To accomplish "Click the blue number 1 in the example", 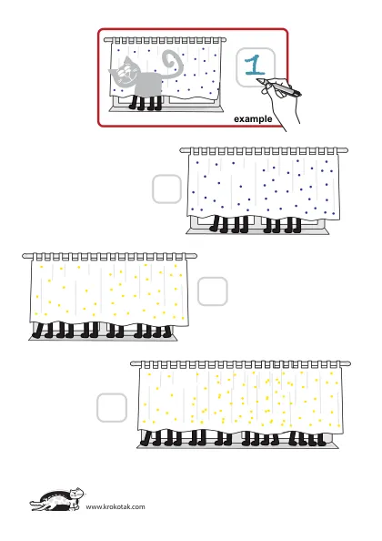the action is coord(255,66).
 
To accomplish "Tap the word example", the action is coord(253,119).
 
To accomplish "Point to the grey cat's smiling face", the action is coord(126,73).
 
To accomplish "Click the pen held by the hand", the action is coord(279,87).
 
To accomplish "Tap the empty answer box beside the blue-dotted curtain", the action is coord(166,189).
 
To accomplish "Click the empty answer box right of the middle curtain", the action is coord(213,291).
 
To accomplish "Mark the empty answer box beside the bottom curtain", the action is coord(112,407).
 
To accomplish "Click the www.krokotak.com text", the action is coord(116,506).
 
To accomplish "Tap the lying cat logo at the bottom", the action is coord(57,499).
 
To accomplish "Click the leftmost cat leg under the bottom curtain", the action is coord(146,438).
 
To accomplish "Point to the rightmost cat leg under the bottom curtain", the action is coord(322,439).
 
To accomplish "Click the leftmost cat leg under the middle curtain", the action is coord(37,331).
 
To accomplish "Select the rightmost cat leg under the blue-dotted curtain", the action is coord(297,225).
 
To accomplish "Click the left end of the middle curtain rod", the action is coord(24,256).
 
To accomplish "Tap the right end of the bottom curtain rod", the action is coord(349,363).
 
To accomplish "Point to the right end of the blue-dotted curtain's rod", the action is coord(346,150).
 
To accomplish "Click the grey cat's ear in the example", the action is coord(128,60).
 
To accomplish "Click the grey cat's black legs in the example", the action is coord(146,103).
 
